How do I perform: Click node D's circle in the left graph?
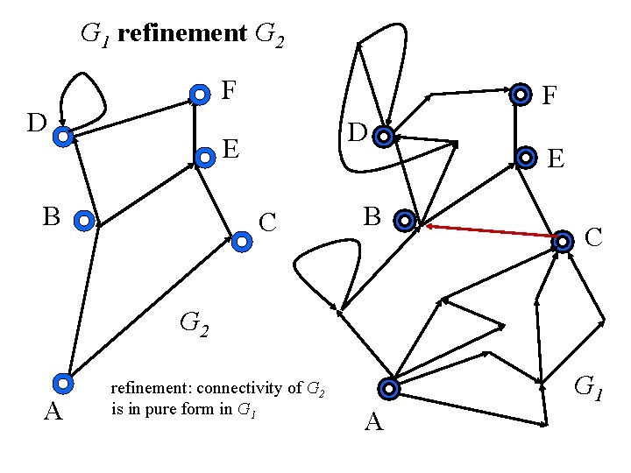62,136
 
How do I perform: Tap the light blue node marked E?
204,158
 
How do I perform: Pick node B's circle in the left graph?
83,221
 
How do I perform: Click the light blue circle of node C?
241,238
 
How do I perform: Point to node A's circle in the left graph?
62,383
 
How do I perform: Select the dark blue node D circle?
382,137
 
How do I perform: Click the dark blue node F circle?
521,94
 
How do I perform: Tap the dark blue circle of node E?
526,158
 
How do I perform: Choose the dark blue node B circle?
404,221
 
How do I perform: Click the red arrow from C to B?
491,231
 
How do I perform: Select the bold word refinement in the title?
181,34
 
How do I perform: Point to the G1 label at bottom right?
588,385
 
